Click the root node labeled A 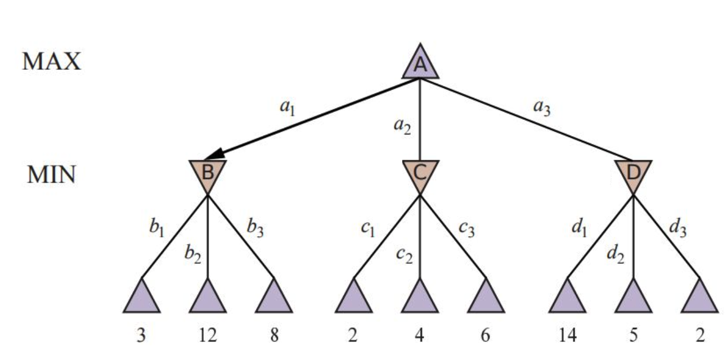click(x=420, y=65)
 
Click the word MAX click(x=52, y=61)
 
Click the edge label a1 click(x=288, y=106)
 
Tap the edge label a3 click(x=542, y=106)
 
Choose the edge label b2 click(x=192, y=254)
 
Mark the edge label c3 click(x=466, y=228)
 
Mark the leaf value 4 click(x=420, y=335)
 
